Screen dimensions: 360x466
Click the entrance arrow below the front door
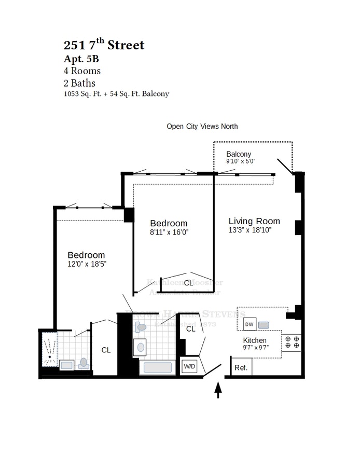click(x=218, y=389)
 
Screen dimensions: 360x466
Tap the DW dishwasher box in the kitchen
click(x=250, y=324)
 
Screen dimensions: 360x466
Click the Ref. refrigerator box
click(x=241, y=367)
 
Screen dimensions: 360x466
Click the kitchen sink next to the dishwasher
click(x=264, y=325)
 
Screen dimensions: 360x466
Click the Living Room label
click(x=254, y=221)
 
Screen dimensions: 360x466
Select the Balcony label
click(x=239, y=154)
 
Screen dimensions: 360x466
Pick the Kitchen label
click(x=255, y=340)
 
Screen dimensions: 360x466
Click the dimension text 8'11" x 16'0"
click(x=169, y=232)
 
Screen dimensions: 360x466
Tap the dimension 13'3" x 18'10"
click(x=251, y=230)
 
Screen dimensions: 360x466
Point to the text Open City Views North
click(x=202, y=126)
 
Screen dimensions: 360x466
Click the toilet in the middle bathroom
click(x=141, y=327)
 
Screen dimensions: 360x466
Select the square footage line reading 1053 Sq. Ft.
click(x=116, y=94)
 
